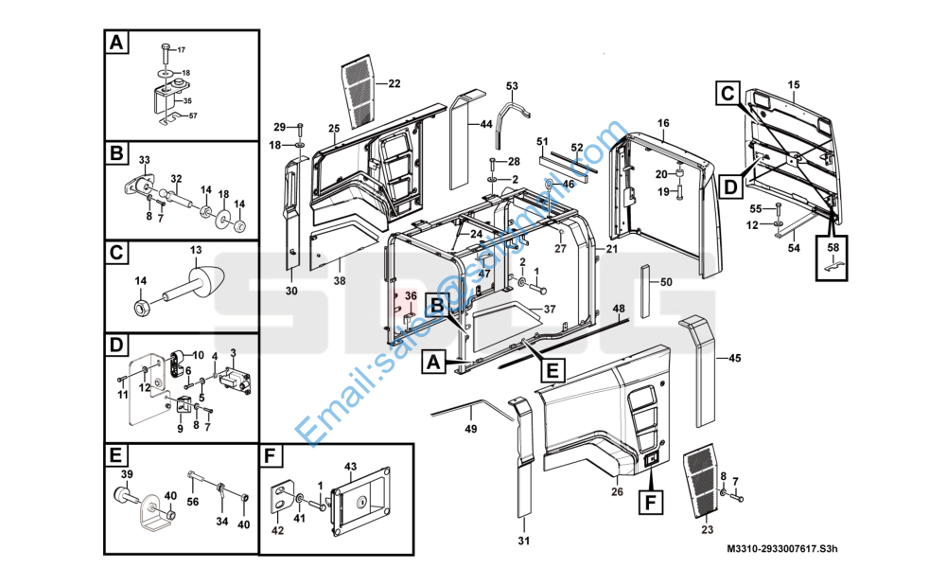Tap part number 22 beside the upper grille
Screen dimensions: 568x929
[x=394, y=84]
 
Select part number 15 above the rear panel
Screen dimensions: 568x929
[x=793, y=85]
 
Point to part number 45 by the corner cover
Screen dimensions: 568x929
[x=735, y=358]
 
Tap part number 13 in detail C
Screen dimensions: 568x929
[x=196, y=249]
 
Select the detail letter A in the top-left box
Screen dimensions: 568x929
[x=115, y=44]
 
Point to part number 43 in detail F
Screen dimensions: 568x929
[x=350, y=466]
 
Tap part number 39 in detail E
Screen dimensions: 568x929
[x=126, y=473]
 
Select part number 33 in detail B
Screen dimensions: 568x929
[x=145, y=159]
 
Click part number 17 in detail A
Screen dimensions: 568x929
[x=182, y=49]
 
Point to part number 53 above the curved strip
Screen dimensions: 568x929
[x=512, y=86]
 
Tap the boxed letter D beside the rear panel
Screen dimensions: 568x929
[x=728, y=187]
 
